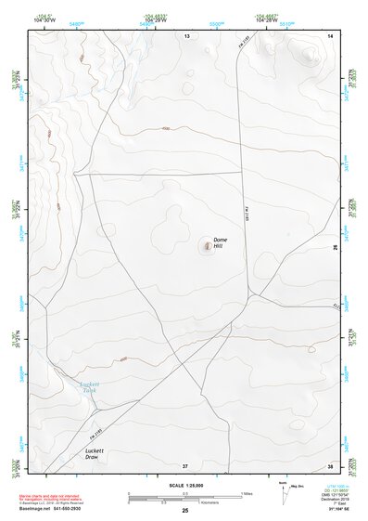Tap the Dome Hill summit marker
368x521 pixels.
(206, 246)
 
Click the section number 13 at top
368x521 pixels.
(186, 36)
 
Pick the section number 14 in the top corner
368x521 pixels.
(330, 36)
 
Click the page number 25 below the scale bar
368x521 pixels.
(185, 510)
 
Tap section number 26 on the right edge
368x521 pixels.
(335, 247)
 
